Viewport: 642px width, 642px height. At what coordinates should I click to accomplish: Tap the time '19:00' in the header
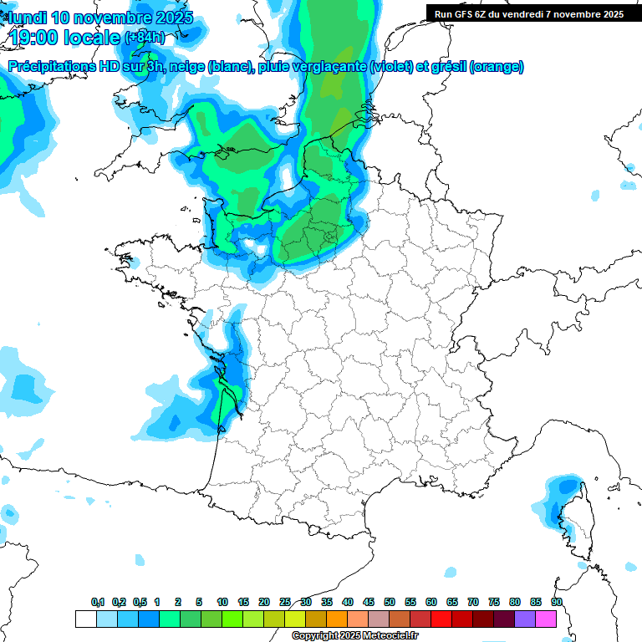pos(38,38)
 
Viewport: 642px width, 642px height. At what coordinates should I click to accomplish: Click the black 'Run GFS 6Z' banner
pos(528,13)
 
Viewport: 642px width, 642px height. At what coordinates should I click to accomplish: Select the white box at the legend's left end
pos(85,619)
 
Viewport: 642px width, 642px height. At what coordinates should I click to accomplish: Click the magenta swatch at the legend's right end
pos(545,619)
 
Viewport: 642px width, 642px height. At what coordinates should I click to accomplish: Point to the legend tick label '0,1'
pos(97,602)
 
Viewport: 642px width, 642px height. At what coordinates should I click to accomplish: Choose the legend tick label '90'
pos(556,602)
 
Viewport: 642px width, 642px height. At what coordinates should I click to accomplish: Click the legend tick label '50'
pos(390,602)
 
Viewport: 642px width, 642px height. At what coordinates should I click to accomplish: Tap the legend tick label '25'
pos(285,602)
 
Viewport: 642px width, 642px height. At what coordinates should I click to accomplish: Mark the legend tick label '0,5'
pos(140,602)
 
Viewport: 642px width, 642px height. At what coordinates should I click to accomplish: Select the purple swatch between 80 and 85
pos(524,619)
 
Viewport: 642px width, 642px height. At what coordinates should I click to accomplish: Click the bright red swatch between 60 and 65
pos(441,619)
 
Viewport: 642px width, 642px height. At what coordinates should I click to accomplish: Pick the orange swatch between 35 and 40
pos(336,619)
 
